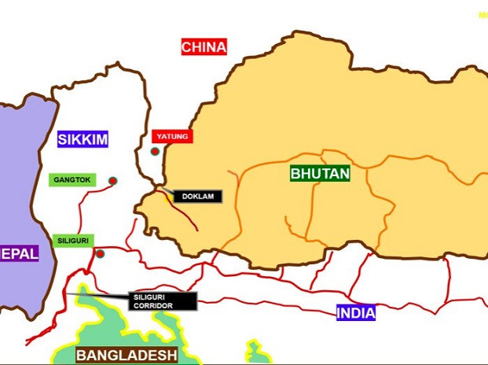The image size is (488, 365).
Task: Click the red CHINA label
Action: [204, 47]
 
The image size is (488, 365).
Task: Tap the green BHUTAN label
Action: [320, 173]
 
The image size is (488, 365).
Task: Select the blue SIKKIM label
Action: [83, 140]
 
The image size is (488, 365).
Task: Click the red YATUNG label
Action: [172, 137]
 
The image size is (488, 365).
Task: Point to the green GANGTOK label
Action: [73, 180]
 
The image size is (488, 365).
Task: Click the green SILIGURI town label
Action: [74, 240]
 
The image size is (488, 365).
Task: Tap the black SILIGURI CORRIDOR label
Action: [160, 300]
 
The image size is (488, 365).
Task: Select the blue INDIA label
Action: [356, 313]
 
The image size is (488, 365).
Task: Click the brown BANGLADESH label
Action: [126, 355]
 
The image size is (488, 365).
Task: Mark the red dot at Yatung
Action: [156, 151]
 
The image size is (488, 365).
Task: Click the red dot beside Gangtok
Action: [112, 181]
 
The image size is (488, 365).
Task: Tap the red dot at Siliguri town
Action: [101, 253]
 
